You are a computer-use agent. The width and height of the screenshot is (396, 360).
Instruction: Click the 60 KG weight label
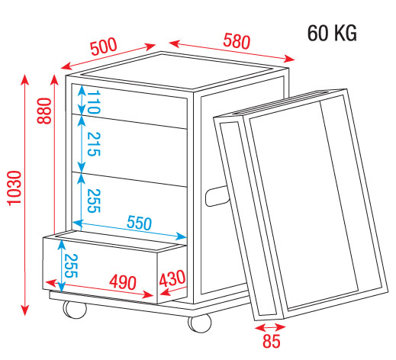[x=332, y=34]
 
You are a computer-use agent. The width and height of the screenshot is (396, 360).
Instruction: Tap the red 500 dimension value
[x=104, y=47]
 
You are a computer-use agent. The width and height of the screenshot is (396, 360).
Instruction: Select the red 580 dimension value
[x=237, y=41]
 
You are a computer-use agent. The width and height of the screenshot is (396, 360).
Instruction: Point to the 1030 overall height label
[x=14, y=188]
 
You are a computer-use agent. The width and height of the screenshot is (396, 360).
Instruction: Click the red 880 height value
[x=44, y=111]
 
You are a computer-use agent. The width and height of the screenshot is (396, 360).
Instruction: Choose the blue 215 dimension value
[x=94, y=144]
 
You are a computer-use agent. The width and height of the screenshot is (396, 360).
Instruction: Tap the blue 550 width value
[x=139, y=223]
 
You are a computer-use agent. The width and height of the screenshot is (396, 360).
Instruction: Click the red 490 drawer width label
[x=123, y=282]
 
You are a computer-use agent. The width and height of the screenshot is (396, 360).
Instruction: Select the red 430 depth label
[x=172, y=278]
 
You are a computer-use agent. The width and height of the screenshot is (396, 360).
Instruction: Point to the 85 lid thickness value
[x=272, y=341]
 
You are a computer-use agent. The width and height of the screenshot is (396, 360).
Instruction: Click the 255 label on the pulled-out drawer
[x=71, y=265]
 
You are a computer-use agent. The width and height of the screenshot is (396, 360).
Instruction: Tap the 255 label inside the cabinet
[x=94, y=201]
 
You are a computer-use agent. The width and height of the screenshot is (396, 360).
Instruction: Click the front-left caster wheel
[x=75, y=309]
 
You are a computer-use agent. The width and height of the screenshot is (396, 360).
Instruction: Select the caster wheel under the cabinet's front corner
[x=200, y=323]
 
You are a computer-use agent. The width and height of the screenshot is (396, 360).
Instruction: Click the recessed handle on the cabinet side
[x=217, y=196]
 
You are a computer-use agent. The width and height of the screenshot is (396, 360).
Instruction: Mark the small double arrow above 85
[x=270, y=327]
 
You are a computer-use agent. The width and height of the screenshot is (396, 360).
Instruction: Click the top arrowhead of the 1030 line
[x=24, y=79]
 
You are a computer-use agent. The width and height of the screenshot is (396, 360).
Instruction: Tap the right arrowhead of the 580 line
[x=289, y=59]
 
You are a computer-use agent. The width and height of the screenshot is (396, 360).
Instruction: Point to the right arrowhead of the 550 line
[x=182, y=236]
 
